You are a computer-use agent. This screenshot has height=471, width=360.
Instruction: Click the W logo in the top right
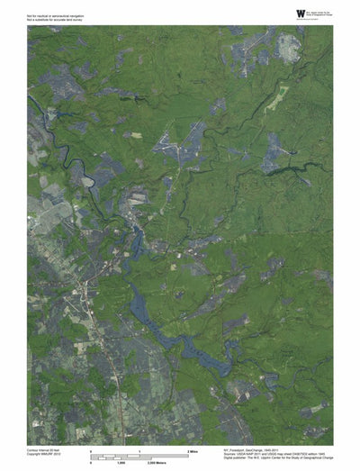[300, 13]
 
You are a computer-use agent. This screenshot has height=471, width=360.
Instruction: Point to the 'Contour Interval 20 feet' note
[45, 448]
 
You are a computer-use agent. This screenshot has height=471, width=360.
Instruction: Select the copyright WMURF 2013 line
[43, 453]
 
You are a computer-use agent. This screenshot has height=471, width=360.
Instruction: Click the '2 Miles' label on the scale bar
[193, 449]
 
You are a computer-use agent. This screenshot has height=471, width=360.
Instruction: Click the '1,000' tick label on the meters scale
[121, 462]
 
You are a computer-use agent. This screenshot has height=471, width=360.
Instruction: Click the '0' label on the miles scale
[91, 449]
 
